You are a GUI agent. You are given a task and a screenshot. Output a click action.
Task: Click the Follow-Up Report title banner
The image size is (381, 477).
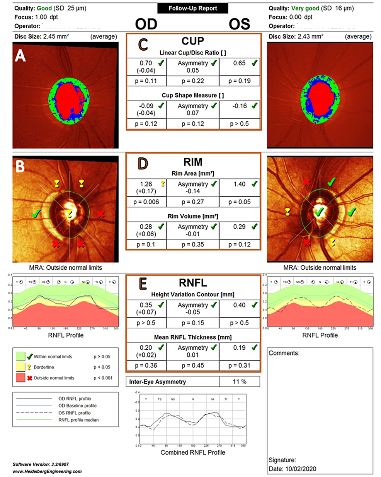click(193, 8)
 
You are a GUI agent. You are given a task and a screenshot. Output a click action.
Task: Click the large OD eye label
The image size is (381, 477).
click(146, 24)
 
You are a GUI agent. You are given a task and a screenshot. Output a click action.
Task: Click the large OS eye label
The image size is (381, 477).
click(239, 24)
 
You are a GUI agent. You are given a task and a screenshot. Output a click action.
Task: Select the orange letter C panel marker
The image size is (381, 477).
click(143, 44)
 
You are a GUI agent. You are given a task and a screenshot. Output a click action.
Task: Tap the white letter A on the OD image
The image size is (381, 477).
click(20, 56)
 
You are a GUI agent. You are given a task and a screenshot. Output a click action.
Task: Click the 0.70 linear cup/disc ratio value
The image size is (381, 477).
click(146, 63)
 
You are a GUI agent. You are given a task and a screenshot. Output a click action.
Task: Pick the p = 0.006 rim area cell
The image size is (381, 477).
click(146, 202)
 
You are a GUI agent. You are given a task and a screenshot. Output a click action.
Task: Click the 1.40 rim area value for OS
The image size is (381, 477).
click(239, 184)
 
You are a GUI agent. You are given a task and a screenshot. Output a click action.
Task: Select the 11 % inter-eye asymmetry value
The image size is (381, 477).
click(239, 382)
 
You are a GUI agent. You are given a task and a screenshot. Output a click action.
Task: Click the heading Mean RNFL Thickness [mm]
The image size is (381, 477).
click(193, 337)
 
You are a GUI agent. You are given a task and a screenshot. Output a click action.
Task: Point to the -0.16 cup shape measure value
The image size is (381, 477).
click(239, 106)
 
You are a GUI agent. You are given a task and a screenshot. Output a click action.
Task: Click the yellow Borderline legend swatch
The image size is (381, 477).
click(21, 367)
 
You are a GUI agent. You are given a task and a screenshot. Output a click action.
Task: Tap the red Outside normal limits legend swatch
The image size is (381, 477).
click(21, 378)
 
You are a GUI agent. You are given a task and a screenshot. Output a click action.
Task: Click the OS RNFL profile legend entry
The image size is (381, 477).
click(74, 413)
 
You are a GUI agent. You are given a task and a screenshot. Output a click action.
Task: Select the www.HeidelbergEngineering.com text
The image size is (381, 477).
click(47, 471)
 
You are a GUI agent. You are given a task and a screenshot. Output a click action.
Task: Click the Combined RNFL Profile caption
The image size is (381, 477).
click(193, 452)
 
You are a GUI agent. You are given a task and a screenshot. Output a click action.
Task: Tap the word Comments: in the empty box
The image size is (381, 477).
click(284, 353)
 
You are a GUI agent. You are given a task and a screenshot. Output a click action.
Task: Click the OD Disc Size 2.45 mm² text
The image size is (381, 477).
click(40, 36)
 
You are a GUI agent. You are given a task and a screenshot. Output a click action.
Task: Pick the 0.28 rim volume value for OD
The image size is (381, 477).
click(146, 227)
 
